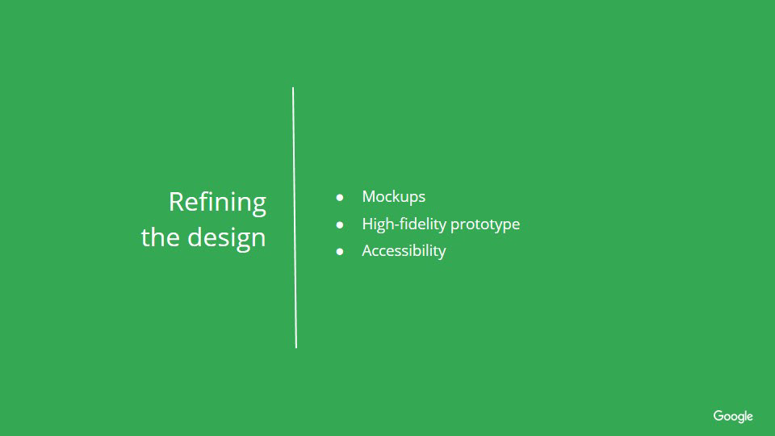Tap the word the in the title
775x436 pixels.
tap(160, 237)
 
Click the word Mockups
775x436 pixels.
tap(393, 197)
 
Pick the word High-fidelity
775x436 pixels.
tap(404, 224)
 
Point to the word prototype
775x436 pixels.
tap(485, 225)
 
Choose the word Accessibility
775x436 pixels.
tap(404, 251)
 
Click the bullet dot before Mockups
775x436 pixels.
tap(340, 198)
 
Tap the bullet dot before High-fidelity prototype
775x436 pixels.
tap(340, 225)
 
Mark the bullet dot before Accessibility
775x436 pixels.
tap(340, 252)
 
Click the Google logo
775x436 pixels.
tap(733, 417)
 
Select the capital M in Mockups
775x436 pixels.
tap(370, 196)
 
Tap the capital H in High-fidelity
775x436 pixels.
tap(367, 224)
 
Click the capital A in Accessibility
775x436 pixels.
tap(368, 250)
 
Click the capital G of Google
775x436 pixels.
tap(718, 416)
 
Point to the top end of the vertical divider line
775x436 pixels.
tap(293, 88)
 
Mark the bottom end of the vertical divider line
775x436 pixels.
tap(296, 347)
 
